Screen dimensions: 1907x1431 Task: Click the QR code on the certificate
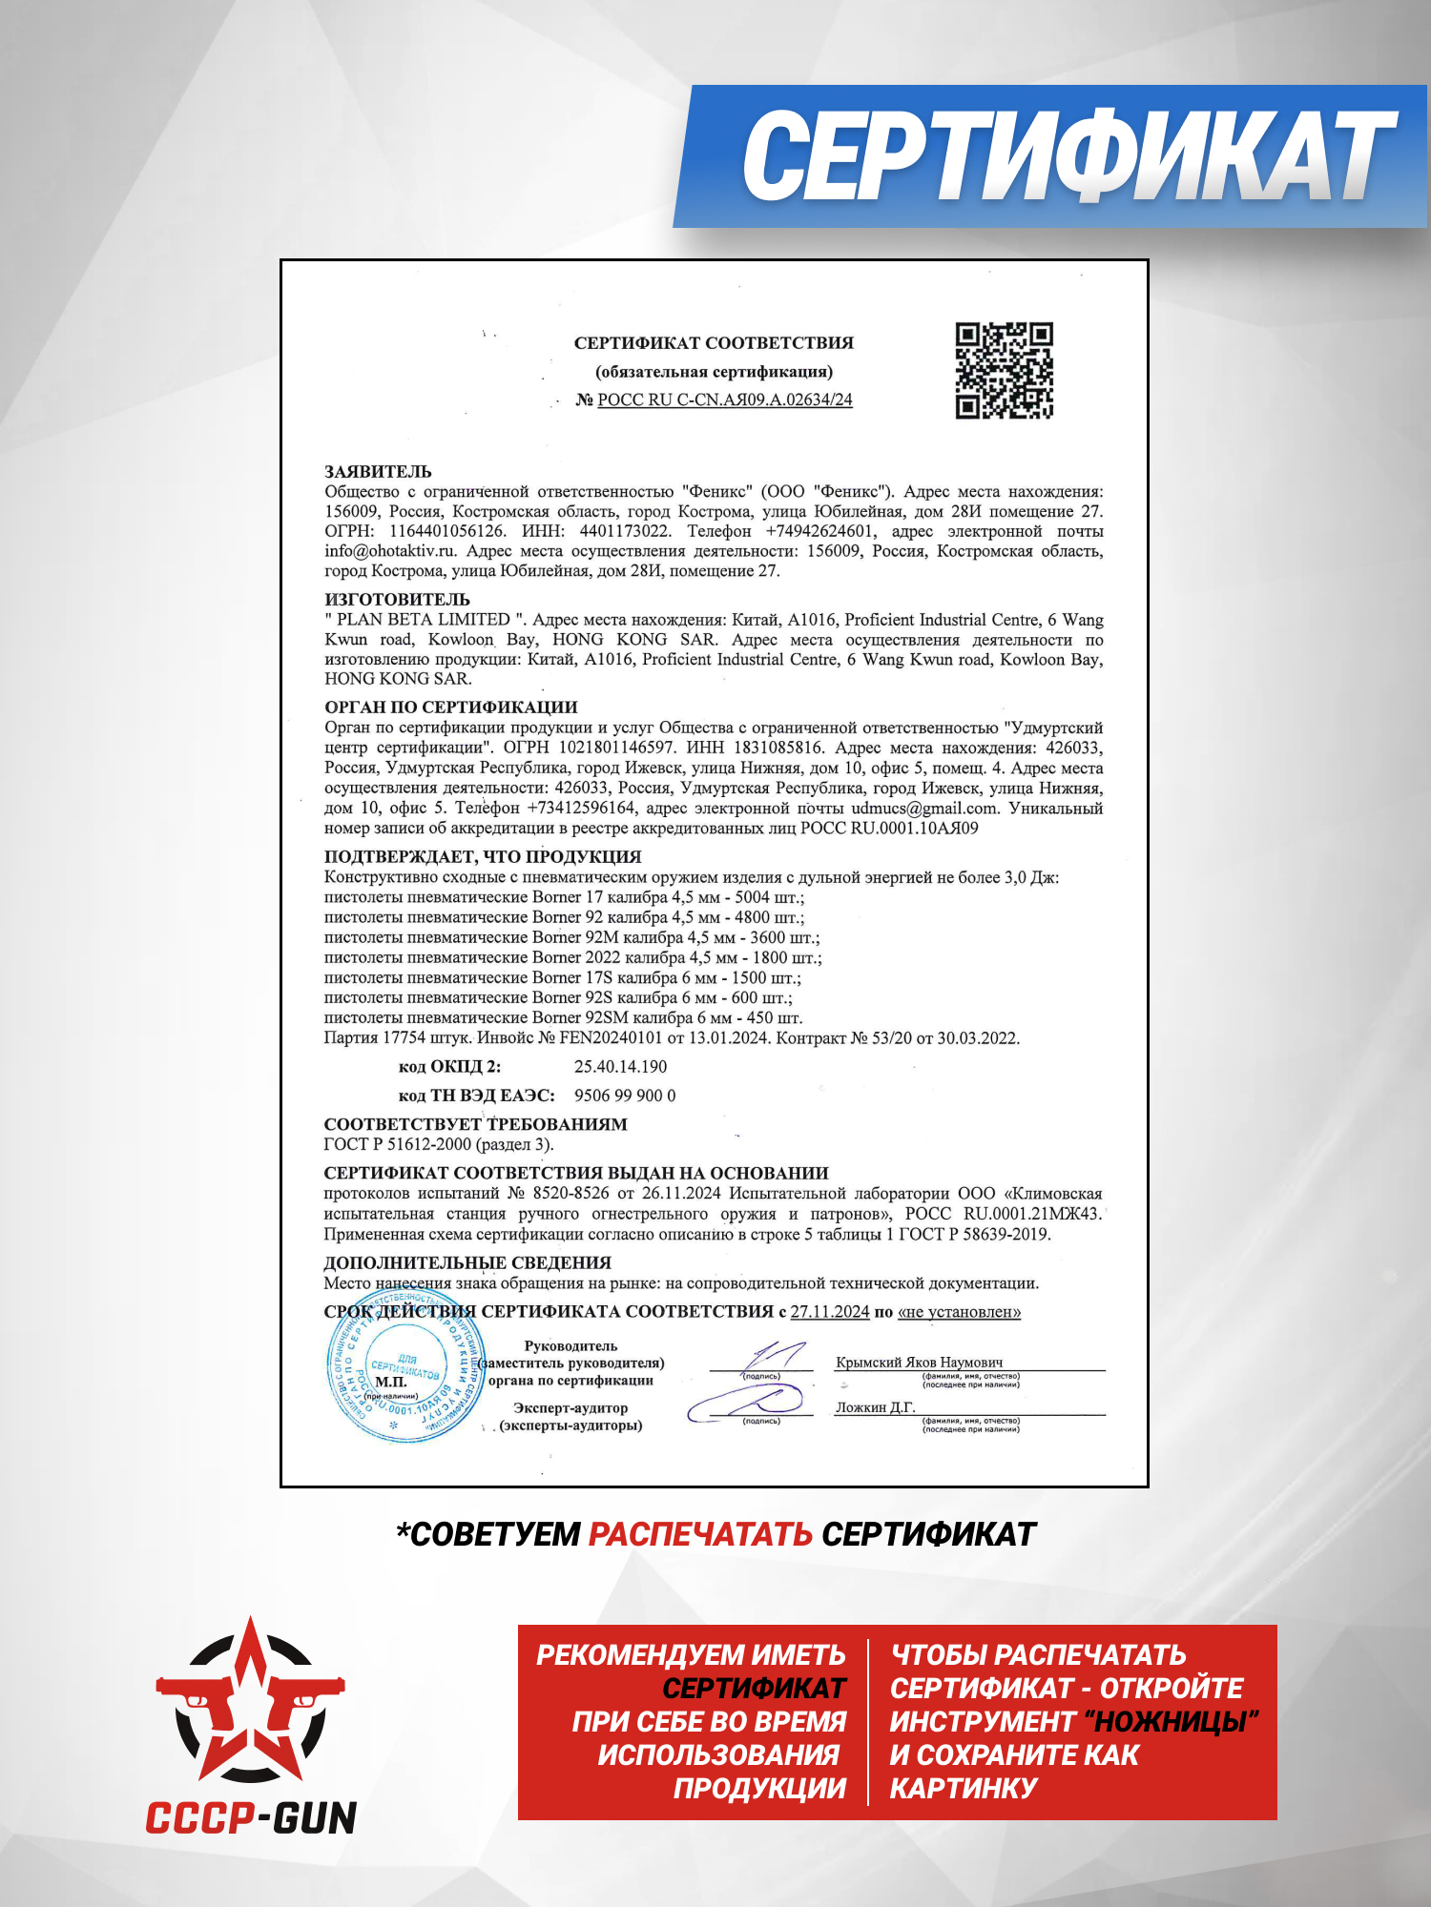pyautogui.click(x=1004, y=371)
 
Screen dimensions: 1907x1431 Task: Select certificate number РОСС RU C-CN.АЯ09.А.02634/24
pyautogui.click(x=724, y=400)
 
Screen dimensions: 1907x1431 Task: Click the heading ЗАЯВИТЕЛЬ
pyautogui.click(x=378, y=472)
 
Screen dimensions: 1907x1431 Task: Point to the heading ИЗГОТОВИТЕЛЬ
pyautogui.click(x=397, y=600)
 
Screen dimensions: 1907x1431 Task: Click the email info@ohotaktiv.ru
pyautogui.click(x=390, y=551)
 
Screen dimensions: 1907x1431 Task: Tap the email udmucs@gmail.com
pyautogui.click(x=924, y=809)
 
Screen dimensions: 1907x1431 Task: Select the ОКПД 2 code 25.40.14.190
pyautogui.click(x=620, y=1067)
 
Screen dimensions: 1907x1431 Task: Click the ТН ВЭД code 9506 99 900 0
pyautogui.click(x=625, y=1096)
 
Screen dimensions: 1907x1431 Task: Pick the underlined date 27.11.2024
pyautogui.click(x=830, y=1312)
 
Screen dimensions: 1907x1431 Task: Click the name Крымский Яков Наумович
pyautogui.click(x=919, y=1363)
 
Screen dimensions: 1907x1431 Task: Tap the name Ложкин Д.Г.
pyautogui.click(x=875, y=1407)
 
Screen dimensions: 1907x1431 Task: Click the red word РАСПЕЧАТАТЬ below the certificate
pyautogui.click(x=700, y=1534)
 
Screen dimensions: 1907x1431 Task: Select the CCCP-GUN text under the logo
pyautogui.click(x=251, y=1818)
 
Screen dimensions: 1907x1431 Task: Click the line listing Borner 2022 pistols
pyautogui.click(x=572, y=957)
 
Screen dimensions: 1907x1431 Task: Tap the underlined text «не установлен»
pyautogui.click(x=959, y=1312)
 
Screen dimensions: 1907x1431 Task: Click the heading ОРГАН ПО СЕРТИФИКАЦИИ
pyautogui.click(x=451, y=707)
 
